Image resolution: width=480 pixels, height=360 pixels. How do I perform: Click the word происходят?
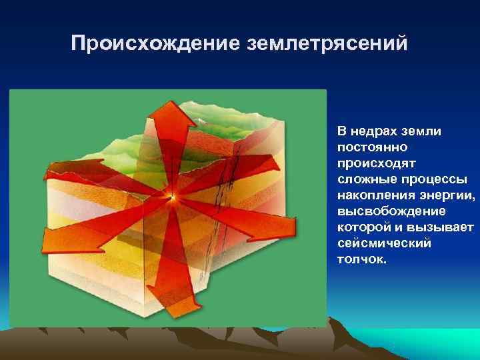pyautogui.click(x=370, y=162)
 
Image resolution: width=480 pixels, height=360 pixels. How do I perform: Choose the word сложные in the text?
pyautogui.click(x=364, y=178)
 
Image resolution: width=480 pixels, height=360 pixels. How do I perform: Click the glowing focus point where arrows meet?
pyautogui.click(x=173, y=197)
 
